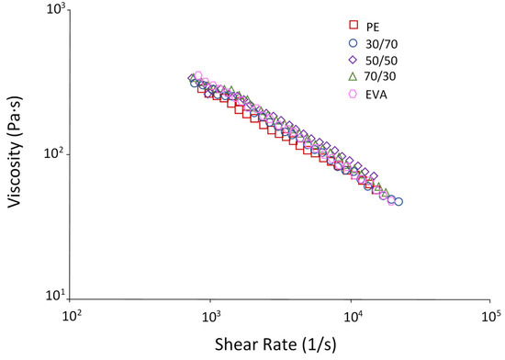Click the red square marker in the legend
353,26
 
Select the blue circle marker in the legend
353,42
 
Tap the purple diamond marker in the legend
353,59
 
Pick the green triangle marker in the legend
353,76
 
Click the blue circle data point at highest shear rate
398,202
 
